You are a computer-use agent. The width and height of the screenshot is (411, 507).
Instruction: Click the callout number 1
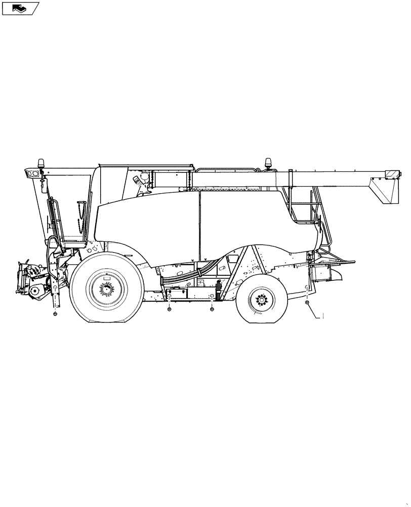pos(323,316)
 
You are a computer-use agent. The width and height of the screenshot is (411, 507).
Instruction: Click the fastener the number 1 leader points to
pos(307,303)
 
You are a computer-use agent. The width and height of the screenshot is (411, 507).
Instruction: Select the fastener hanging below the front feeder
pos(55,314)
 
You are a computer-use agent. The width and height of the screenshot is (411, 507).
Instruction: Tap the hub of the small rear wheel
pos(262,300)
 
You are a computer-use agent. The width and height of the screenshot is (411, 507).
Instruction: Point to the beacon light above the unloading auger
pos(269,162)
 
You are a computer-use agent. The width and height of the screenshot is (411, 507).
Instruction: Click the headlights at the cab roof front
pos(31,174)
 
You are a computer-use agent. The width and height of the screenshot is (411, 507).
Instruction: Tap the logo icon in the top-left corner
pos(21,8)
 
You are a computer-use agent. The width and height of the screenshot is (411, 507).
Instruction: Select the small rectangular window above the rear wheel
pos(233,259)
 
